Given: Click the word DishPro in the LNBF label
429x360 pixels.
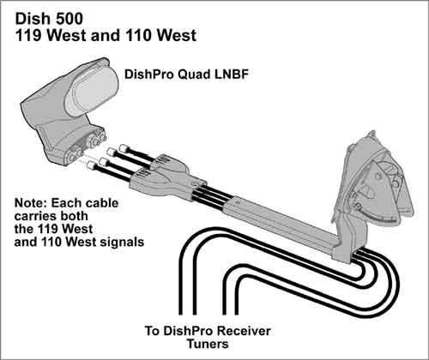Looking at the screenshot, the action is coord(149,75).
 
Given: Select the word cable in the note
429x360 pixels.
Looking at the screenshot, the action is coord(102,203).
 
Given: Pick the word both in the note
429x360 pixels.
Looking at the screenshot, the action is coord(74,216).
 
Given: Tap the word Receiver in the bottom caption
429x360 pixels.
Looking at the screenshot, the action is coord(244,331).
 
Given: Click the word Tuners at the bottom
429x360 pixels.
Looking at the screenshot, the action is coord(208,344).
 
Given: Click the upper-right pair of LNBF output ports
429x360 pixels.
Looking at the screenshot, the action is coord(96,138).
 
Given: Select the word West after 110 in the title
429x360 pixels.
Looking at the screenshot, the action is coord(177,35).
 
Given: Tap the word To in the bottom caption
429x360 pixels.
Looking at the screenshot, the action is coord(152,331).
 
